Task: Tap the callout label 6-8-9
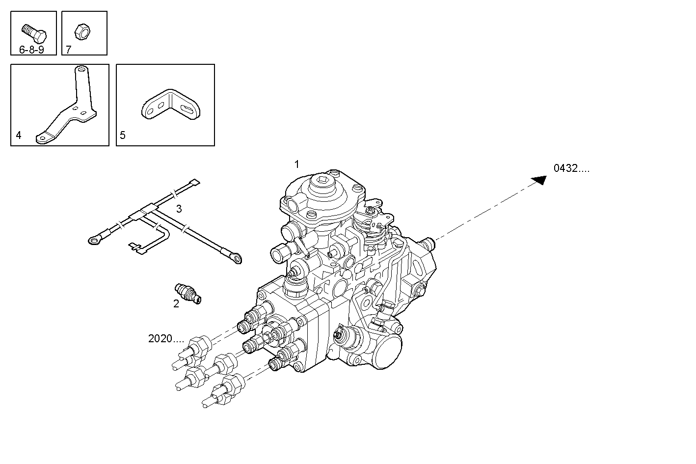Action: [31, 50]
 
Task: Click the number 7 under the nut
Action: [69, 50]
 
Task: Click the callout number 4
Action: [19, 135]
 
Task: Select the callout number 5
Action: [123, 135]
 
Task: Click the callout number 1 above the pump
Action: [296, 164]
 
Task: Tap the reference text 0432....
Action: [571, 168]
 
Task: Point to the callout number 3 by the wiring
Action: [179, 209]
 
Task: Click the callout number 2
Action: [176, 304]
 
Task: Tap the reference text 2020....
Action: [166, 338]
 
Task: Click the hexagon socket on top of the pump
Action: [324, 184]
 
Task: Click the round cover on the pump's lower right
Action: [386, 350]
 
